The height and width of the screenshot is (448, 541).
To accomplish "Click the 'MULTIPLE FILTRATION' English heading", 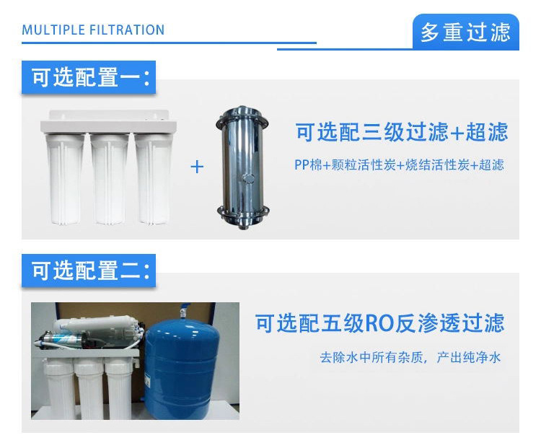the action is (93, 30).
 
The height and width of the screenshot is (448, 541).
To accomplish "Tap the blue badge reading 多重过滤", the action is (466, 32).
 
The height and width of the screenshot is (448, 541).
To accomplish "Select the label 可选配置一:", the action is (89, 77).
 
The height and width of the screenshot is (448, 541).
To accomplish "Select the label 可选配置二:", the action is (89, 271).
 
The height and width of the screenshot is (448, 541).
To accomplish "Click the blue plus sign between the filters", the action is (197, 167).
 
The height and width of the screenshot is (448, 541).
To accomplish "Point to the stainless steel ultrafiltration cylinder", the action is (243, 168).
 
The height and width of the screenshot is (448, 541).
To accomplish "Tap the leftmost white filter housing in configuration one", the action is (65, 179).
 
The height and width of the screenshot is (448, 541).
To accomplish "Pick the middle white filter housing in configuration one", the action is (110, 179).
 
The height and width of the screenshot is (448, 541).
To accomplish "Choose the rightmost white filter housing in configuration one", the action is (154, 179).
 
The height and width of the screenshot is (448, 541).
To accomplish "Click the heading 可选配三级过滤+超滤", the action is (402, 132).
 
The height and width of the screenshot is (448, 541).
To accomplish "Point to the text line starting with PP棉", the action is (399, 164).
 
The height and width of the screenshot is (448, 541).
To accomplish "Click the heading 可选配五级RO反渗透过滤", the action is (380, 323).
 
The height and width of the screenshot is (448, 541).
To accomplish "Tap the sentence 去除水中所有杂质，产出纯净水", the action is (410, 357).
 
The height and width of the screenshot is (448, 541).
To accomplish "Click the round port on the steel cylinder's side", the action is (248, 178).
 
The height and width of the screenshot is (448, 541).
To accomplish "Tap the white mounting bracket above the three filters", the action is (108, 122).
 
